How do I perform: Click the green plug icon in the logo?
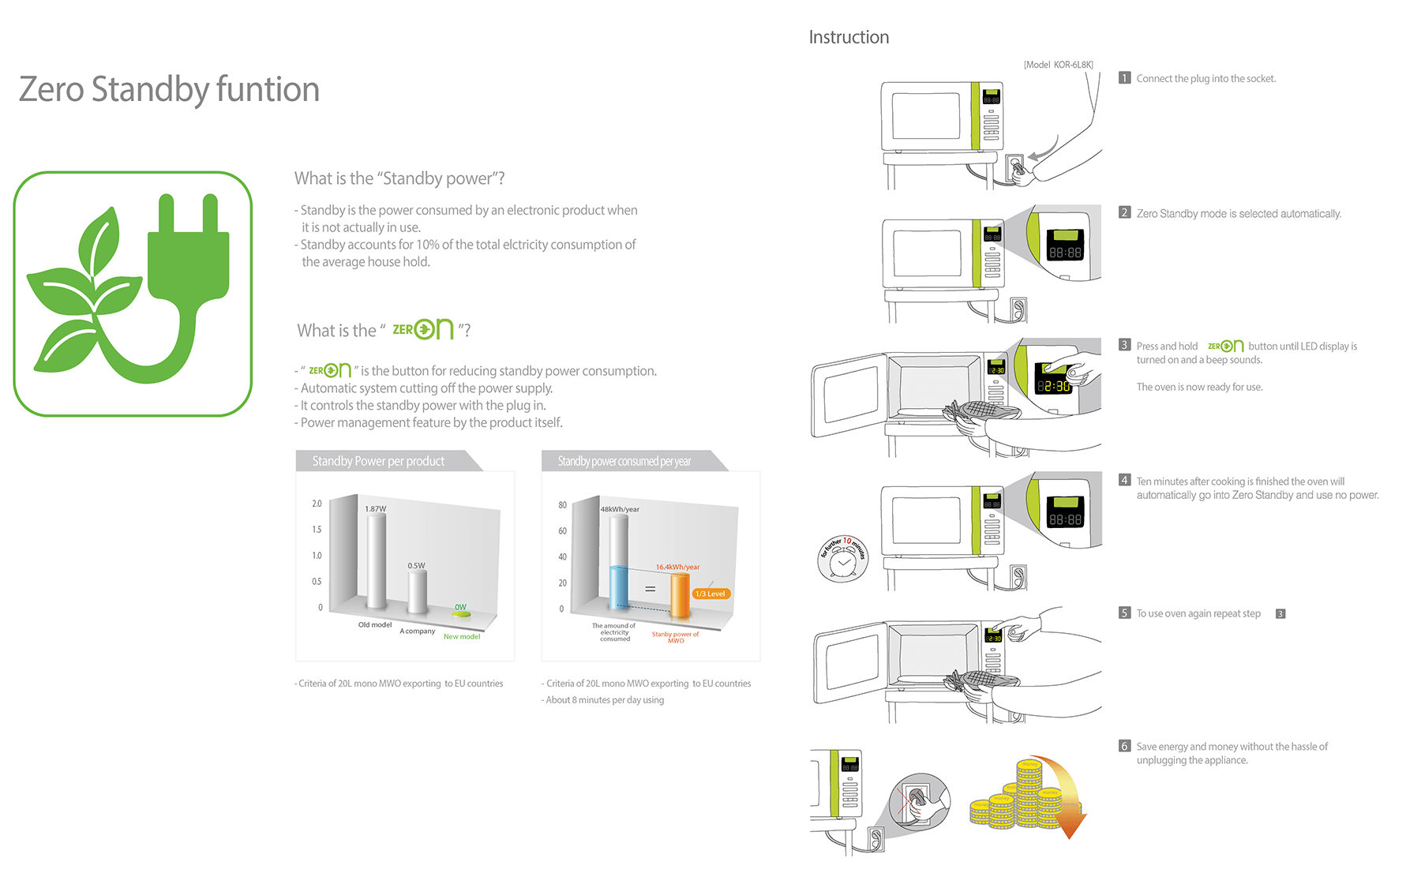[x=189, y=253]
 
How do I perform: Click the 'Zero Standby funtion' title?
[x=169, y=89]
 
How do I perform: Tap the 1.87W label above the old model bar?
[x=376, y=509]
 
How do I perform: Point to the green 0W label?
[x=460, y=607]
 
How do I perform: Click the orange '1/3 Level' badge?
[x=710, y=594]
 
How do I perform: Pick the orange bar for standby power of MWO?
[x=680, y=596]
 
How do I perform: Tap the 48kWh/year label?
[x=620, y=509]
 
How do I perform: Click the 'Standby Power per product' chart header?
[x=378, y=461]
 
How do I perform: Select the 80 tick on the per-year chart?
[x=562, y=505]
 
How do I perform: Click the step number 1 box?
[x=1125, y=78]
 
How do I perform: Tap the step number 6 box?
[x=1125, y=746]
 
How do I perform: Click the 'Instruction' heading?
[x=849, y=37]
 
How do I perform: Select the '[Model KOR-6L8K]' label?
[x=1058, y=65]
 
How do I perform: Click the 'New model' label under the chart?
[x=462, y=636]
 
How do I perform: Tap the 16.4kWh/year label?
[x=677, y=567]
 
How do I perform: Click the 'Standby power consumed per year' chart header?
[x=624, y=461]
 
